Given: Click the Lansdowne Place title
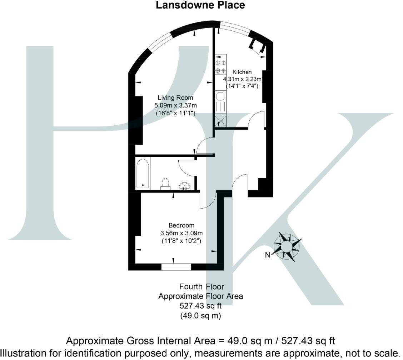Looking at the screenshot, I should (201, 5).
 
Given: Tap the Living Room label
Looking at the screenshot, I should (176, 97).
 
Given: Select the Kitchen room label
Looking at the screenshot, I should (242, 72).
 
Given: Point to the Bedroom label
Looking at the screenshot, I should (181, 225).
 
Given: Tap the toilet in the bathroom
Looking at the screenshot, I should (165, 182).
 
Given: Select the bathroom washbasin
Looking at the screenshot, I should (185, 186).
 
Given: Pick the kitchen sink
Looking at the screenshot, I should (220, 96).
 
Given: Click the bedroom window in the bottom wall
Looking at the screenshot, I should (176, 266).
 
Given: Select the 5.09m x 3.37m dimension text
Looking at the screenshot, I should (176, 105).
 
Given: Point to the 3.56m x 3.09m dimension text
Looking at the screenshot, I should (181, 233).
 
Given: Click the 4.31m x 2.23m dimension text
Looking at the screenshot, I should (243, 79).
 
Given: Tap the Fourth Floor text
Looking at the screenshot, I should (201, 286).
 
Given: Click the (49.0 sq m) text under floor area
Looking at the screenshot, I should (201, 315).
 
